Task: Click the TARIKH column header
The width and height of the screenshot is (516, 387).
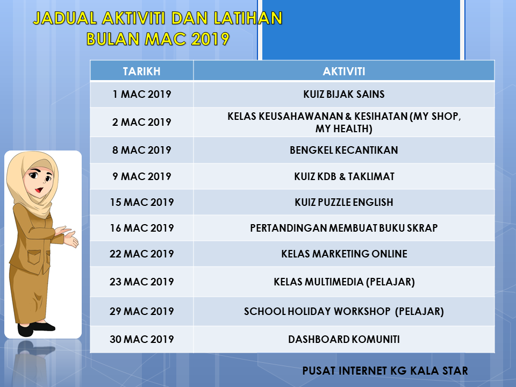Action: click(x=141, y=71)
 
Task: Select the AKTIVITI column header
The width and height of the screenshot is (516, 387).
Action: click(x=344, y=71)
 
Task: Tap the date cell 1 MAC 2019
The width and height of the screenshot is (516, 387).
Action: click(x=141, y=95)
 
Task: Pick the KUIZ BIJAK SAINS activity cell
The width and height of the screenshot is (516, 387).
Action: click(x=344, y=95)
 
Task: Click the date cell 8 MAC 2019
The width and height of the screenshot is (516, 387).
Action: click(x=141, y=150)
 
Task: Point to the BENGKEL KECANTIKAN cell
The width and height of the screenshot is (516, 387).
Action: click(x=344, y=150)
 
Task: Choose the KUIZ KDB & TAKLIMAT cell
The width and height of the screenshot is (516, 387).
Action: click(x=344, y=176)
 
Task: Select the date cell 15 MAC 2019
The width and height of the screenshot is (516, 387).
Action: click(x=141, y=203)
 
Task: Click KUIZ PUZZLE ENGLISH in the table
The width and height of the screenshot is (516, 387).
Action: click(x=344, y=203)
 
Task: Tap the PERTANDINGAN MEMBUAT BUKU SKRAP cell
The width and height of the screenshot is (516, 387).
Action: click(x=344, y=228)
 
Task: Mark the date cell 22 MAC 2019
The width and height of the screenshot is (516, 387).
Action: click(x=141, y=254)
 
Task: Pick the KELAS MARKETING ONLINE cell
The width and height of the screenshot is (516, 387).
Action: click(x=344, y=254)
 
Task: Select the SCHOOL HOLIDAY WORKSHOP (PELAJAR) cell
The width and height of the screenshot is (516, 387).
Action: click(x=344, y=312)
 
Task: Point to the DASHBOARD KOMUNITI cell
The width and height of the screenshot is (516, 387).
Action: click(x=344, y=340)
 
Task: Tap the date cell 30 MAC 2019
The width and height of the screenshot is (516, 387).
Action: click(x=141, y=340)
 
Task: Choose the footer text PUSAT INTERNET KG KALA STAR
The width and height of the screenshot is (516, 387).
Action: click(x=385, y=371)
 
